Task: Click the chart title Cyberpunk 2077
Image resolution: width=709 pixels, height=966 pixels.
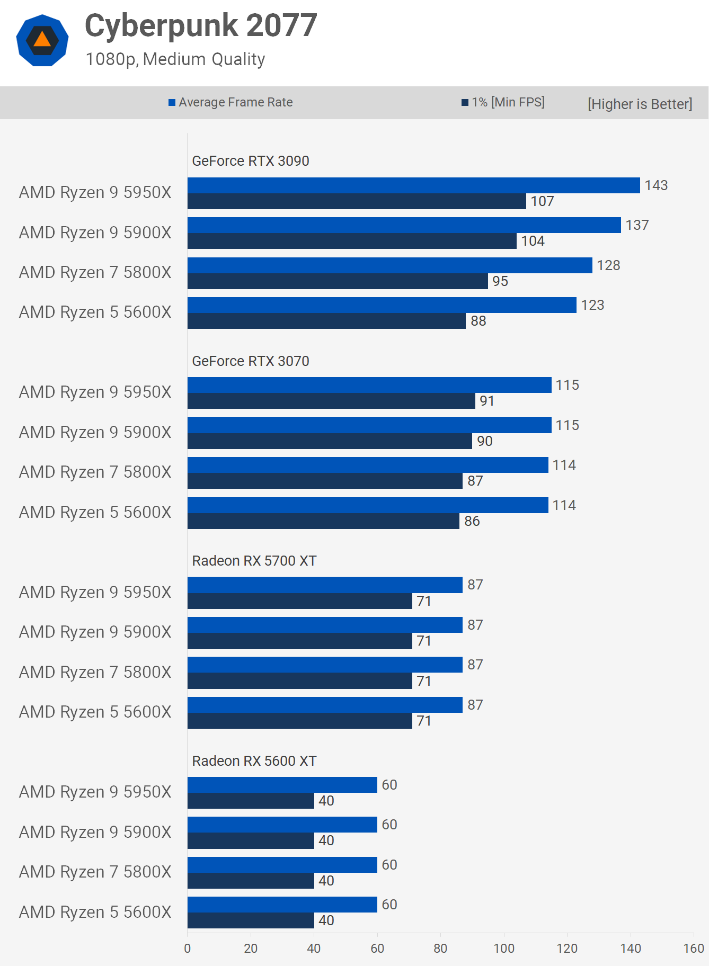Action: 201,25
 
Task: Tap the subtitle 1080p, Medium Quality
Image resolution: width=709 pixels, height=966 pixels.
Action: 175,59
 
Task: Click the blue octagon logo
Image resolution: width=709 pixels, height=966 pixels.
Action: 42,41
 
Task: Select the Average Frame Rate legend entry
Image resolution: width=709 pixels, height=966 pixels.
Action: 231,102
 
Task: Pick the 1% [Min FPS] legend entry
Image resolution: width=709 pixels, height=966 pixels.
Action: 503,102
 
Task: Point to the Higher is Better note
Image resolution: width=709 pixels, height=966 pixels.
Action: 640,104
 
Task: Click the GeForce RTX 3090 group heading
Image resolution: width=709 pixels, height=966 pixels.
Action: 250,161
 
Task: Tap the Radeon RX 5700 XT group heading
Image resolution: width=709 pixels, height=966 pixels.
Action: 254,561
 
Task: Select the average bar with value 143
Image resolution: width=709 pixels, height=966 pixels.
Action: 413,185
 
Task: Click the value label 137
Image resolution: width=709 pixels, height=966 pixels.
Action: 637,225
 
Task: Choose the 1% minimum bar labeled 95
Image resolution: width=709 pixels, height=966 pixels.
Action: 338,281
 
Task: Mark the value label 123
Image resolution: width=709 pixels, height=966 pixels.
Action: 592,305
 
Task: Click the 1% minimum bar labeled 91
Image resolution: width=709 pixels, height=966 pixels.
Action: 331,401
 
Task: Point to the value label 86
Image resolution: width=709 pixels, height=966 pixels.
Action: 472,521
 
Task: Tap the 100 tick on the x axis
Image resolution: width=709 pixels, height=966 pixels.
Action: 503,948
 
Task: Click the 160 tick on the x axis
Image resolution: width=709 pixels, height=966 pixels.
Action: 693,948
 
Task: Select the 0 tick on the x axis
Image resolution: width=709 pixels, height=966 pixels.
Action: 188,948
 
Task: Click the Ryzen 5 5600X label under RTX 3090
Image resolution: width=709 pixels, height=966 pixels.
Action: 95,312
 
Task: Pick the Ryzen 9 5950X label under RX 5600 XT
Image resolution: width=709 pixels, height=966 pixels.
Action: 95,792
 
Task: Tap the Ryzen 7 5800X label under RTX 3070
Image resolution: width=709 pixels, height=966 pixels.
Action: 95,472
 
